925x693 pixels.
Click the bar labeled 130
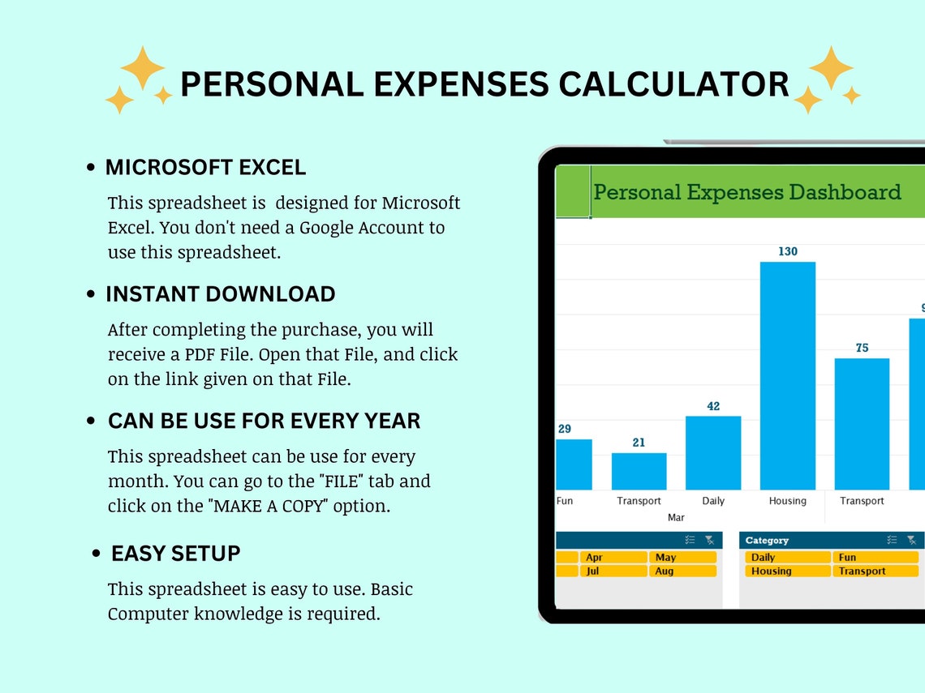click(787, 375)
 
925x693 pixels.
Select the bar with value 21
click(639, 471)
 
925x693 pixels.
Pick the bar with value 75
click(862, 424)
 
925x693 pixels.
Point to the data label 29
click(565, 429)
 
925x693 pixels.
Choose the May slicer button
click(682, 558)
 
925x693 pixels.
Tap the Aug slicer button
click(682, 571)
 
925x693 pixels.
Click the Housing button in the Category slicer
click(784, 571)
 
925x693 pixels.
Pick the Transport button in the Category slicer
click(874, 571)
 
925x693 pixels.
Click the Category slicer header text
click(767, 541)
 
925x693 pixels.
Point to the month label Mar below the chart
click(676, 517)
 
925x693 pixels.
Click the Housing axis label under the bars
click(787, 501)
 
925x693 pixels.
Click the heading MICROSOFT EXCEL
click(205, 168)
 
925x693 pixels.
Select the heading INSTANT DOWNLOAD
click(220, 294)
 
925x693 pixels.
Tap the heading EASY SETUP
click(175, 554)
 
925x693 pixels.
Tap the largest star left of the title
click(143, 68)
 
